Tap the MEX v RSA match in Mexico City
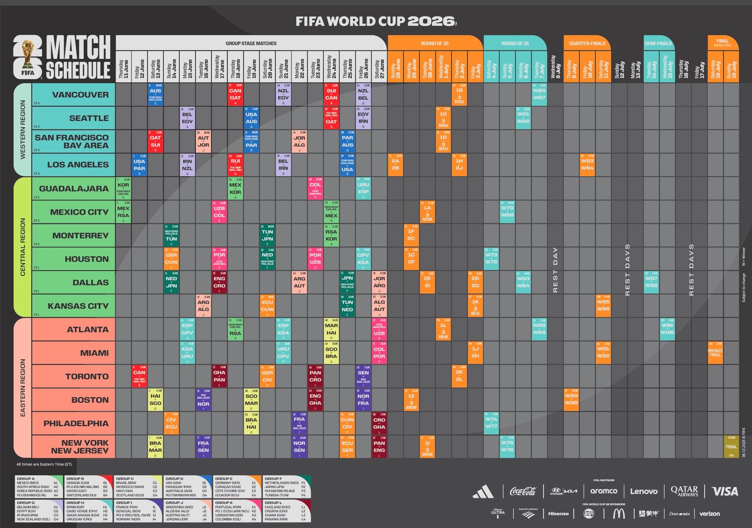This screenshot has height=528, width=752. point(123,212)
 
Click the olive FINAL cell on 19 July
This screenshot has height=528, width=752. point(731,447)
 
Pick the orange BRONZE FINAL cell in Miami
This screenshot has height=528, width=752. point(715,353)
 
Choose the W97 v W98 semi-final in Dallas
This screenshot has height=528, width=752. point(651,282)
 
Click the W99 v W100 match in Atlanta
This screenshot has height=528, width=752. point(667,329)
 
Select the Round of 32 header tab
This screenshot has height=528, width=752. point(435,43)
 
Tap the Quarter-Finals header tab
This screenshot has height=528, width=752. point(587,43)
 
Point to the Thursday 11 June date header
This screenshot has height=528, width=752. point(123,69)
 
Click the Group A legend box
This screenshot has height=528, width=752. point(39,487)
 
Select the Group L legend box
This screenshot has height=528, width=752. point(287,511)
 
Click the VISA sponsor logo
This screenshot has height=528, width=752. point(725,491)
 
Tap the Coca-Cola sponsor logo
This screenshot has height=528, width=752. point(523,491)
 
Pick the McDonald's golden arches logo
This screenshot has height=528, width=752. point(619,514)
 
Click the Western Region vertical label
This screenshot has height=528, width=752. point(22,130)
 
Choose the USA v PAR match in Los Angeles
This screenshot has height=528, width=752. point(139,165)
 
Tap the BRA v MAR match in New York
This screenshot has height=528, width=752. point(155,447)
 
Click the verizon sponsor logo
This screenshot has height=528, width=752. point(709,514)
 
